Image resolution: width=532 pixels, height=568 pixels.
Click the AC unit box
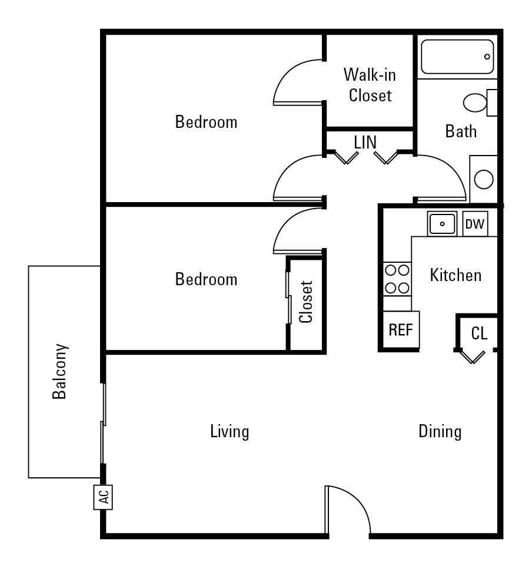click(103, 497)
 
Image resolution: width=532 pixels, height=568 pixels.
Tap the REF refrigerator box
click(401, 330)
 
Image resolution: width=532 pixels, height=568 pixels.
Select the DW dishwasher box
click(475, 224)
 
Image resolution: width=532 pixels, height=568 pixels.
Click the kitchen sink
click(441, 224)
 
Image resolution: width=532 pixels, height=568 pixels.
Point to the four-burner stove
click(397, 279)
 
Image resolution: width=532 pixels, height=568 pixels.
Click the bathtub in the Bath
click(457, 57)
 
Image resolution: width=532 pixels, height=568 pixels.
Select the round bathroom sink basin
click(484, 179)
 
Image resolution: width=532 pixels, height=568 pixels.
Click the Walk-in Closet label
click(370, 84)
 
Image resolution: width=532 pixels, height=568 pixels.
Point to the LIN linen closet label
click(365, 142)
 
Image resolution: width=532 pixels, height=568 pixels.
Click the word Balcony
click(59, 371)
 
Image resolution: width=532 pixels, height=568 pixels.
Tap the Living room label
click(230, 432)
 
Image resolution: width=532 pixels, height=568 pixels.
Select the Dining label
click(440, 432)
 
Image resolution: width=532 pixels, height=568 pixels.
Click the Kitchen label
click(455, 275)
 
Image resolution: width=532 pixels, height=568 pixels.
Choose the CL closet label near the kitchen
click(480, 333)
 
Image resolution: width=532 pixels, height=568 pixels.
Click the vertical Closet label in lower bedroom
click(305, 302)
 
